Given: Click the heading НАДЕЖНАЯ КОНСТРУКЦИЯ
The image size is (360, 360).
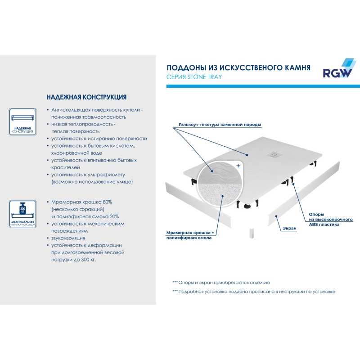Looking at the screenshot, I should coord(86,97).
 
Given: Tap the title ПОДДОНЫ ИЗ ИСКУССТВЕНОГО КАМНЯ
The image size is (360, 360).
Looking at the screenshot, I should coord(238,67).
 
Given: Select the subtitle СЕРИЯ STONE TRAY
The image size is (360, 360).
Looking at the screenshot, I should coord(194,77).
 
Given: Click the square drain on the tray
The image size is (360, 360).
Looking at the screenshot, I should coord(274,154).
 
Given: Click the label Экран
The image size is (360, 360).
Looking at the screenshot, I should coord(289,229).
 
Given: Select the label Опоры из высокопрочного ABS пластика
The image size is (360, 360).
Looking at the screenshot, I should coord(324,219).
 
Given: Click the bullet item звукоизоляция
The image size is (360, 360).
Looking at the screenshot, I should coord(68,238).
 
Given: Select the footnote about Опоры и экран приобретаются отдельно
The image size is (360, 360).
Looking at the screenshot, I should coord(221,283).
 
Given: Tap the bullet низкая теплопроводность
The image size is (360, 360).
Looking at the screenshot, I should coord(83,124).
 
